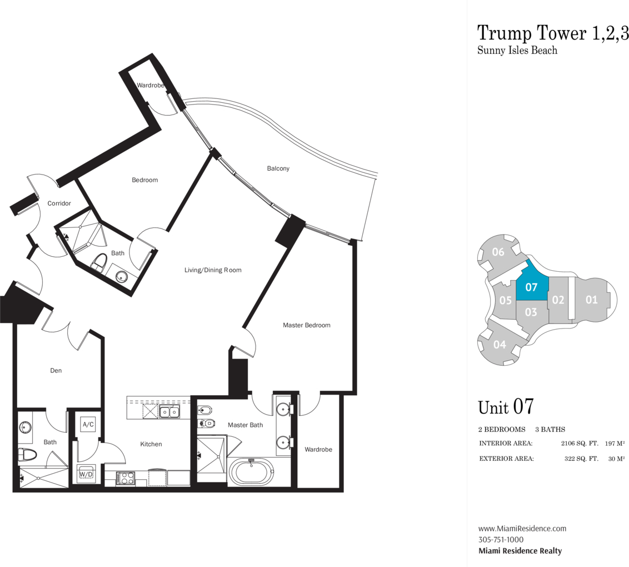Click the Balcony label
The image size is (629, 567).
tap(278, 168)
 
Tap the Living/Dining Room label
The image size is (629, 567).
tap(213, 270)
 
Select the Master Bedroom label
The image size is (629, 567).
tap(307, 325)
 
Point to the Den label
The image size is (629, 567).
tap(56, 370)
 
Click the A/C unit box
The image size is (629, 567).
tap(88, 425)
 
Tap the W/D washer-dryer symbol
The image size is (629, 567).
tap(86, 474)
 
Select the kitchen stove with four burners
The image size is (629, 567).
tap(126, 478)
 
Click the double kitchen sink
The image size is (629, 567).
tap(169, 412)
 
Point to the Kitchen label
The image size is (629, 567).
tap(151, 444)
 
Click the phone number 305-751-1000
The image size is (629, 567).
tap(501, 540)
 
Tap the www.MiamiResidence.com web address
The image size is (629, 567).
tap(522, 529)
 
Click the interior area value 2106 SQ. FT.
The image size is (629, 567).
tap(579, 444)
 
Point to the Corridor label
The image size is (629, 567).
tap(59, 203)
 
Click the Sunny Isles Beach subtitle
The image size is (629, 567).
tap(517, 51)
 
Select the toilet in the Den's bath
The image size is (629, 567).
tap(27, 454)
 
